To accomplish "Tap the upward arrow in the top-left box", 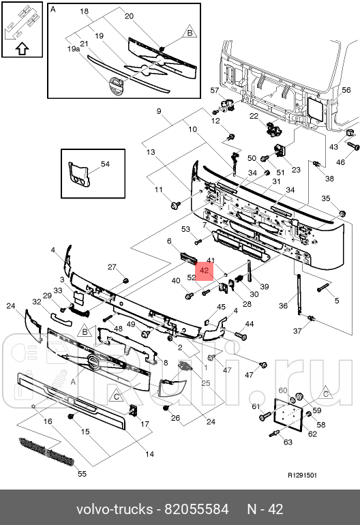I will pyautogui.click(x=21, y=49).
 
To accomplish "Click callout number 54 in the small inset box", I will pyautogui.click(x=105, y=164).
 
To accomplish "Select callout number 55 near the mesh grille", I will pyautogui.click(x=82, y=473).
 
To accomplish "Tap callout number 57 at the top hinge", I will pyautogui.click(x=214, y=90).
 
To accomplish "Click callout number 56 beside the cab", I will pyautogui.click(x=346, y=90).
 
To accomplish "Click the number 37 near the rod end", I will pyautogui.click(x=316, y=331).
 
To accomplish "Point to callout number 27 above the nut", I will pyautogui.click(x=113, y=267).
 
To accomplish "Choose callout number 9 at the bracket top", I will pyautogui.click(x=159, y=111).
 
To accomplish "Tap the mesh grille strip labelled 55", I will pyautogui.click(x=44, y=451).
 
